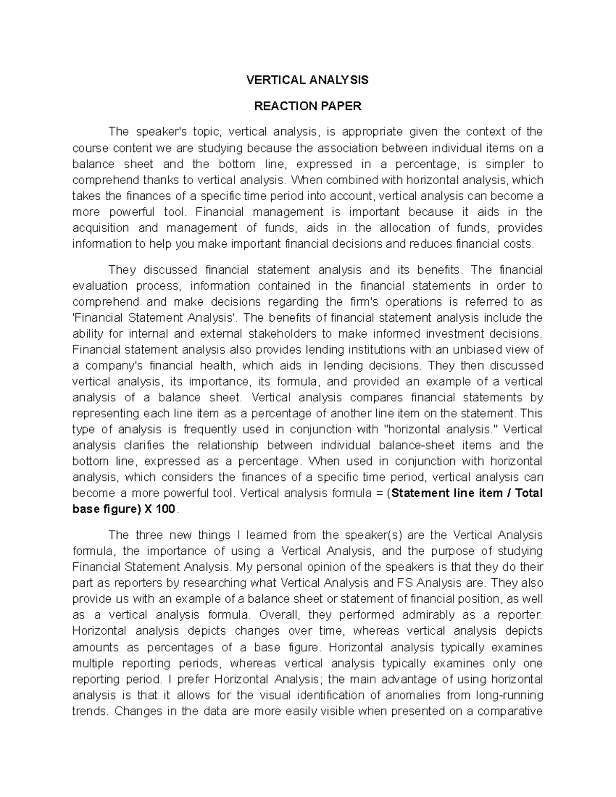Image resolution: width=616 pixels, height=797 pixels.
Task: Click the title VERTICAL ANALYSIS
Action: pos(307,80)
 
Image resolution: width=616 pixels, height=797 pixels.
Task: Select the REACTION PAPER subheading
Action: pos(308,106)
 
